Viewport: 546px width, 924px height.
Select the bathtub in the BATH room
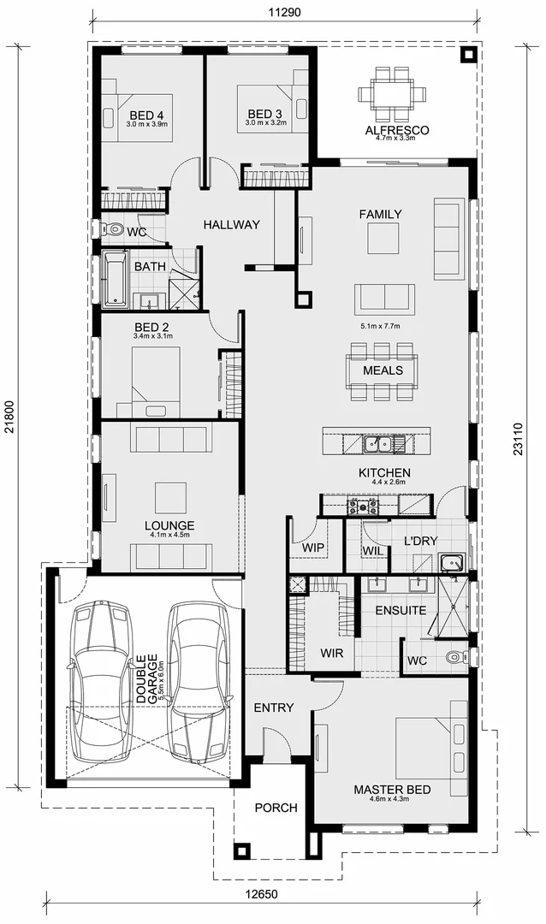[x=115, y=279]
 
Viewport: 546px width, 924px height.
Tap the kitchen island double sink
[x=378, y=444]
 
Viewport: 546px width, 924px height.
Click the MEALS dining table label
[x=383, y=370]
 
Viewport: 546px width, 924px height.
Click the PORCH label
[x=276, y=808]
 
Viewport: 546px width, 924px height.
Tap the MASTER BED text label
[x=392, y=789]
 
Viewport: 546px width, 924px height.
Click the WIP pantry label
[x=313, y=547]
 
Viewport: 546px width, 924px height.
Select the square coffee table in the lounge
[x=169, y=496]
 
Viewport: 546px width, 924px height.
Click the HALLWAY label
[x=231, y=225]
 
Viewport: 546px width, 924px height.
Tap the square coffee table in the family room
[x=384, y=239]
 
